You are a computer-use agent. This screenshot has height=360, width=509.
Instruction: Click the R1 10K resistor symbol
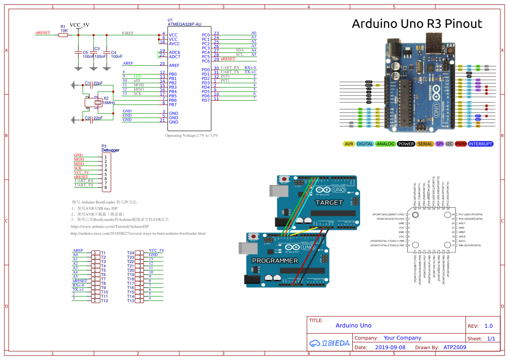[x=63, y=35]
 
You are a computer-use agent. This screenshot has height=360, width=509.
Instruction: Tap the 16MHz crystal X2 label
[x=109, y=103]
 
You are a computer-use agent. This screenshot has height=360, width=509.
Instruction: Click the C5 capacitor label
[x=85, y=52]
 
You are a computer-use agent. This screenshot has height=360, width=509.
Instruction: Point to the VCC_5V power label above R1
[x=79, y=25]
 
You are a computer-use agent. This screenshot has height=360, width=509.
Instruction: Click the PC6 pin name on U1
[x=206, y=61]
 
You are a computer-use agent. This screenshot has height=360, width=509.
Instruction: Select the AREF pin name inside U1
[x=174, y=65]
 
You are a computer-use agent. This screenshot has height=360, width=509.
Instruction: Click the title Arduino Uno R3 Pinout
[x=417, y=24]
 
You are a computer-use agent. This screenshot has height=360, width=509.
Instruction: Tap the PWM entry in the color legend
[x=461, y=144]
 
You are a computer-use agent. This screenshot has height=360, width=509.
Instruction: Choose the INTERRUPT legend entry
[x=481, y=144]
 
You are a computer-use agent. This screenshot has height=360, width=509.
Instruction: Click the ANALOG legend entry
[x=385, y=144]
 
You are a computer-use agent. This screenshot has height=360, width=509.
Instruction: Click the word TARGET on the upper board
[x=329, y=202]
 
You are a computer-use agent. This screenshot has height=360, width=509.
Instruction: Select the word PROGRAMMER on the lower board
[x=275, y=260]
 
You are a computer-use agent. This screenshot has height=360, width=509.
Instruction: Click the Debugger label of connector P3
[x=110, y=150]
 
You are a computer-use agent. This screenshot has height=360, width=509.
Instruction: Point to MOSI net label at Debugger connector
[x=79, y=159]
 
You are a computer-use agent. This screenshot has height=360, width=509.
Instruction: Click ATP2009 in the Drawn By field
[x=455, y=347]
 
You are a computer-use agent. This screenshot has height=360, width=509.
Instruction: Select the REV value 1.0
[x=489, y=326]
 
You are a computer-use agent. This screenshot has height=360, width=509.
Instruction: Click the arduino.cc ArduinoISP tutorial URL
[x=110, y=226]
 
